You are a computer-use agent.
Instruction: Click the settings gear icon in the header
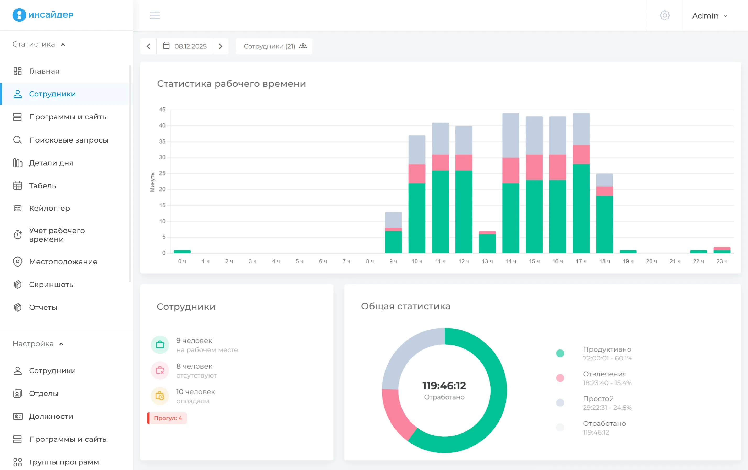[x=664, y=15]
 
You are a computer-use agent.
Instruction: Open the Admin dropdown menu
[x=709, y=15]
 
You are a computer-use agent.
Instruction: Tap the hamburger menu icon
[x=155, y=15]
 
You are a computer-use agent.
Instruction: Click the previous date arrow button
[x=148, y=46]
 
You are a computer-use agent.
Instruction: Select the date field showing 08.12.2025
[x=185, y=46]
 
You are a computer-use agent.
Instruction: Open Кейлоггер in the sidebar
[x=49, y=208]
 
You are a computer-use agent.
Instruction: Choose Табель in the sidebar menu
[x=42, y=185]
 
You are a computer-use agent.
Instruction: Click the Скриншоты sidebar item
[x=52, y=284]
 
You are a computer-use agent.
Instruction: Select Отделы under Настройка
[x=44, y=393]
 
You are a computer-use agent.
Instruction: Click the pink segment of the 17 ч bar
[x=581, y=154]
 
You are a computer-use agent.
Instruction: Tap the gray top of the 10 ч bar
[x=416, y=150]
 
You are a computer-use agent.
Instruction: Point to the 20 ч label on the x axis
[x=651, y=261]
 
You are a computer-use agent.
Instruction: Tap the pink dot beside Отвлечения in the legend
[x=560, y=378]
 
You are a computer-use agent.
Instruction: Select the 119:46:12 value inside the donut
[x=444, y=385]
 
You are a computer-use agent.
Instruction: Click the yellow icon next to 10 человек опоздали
[x=160, y=396]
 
